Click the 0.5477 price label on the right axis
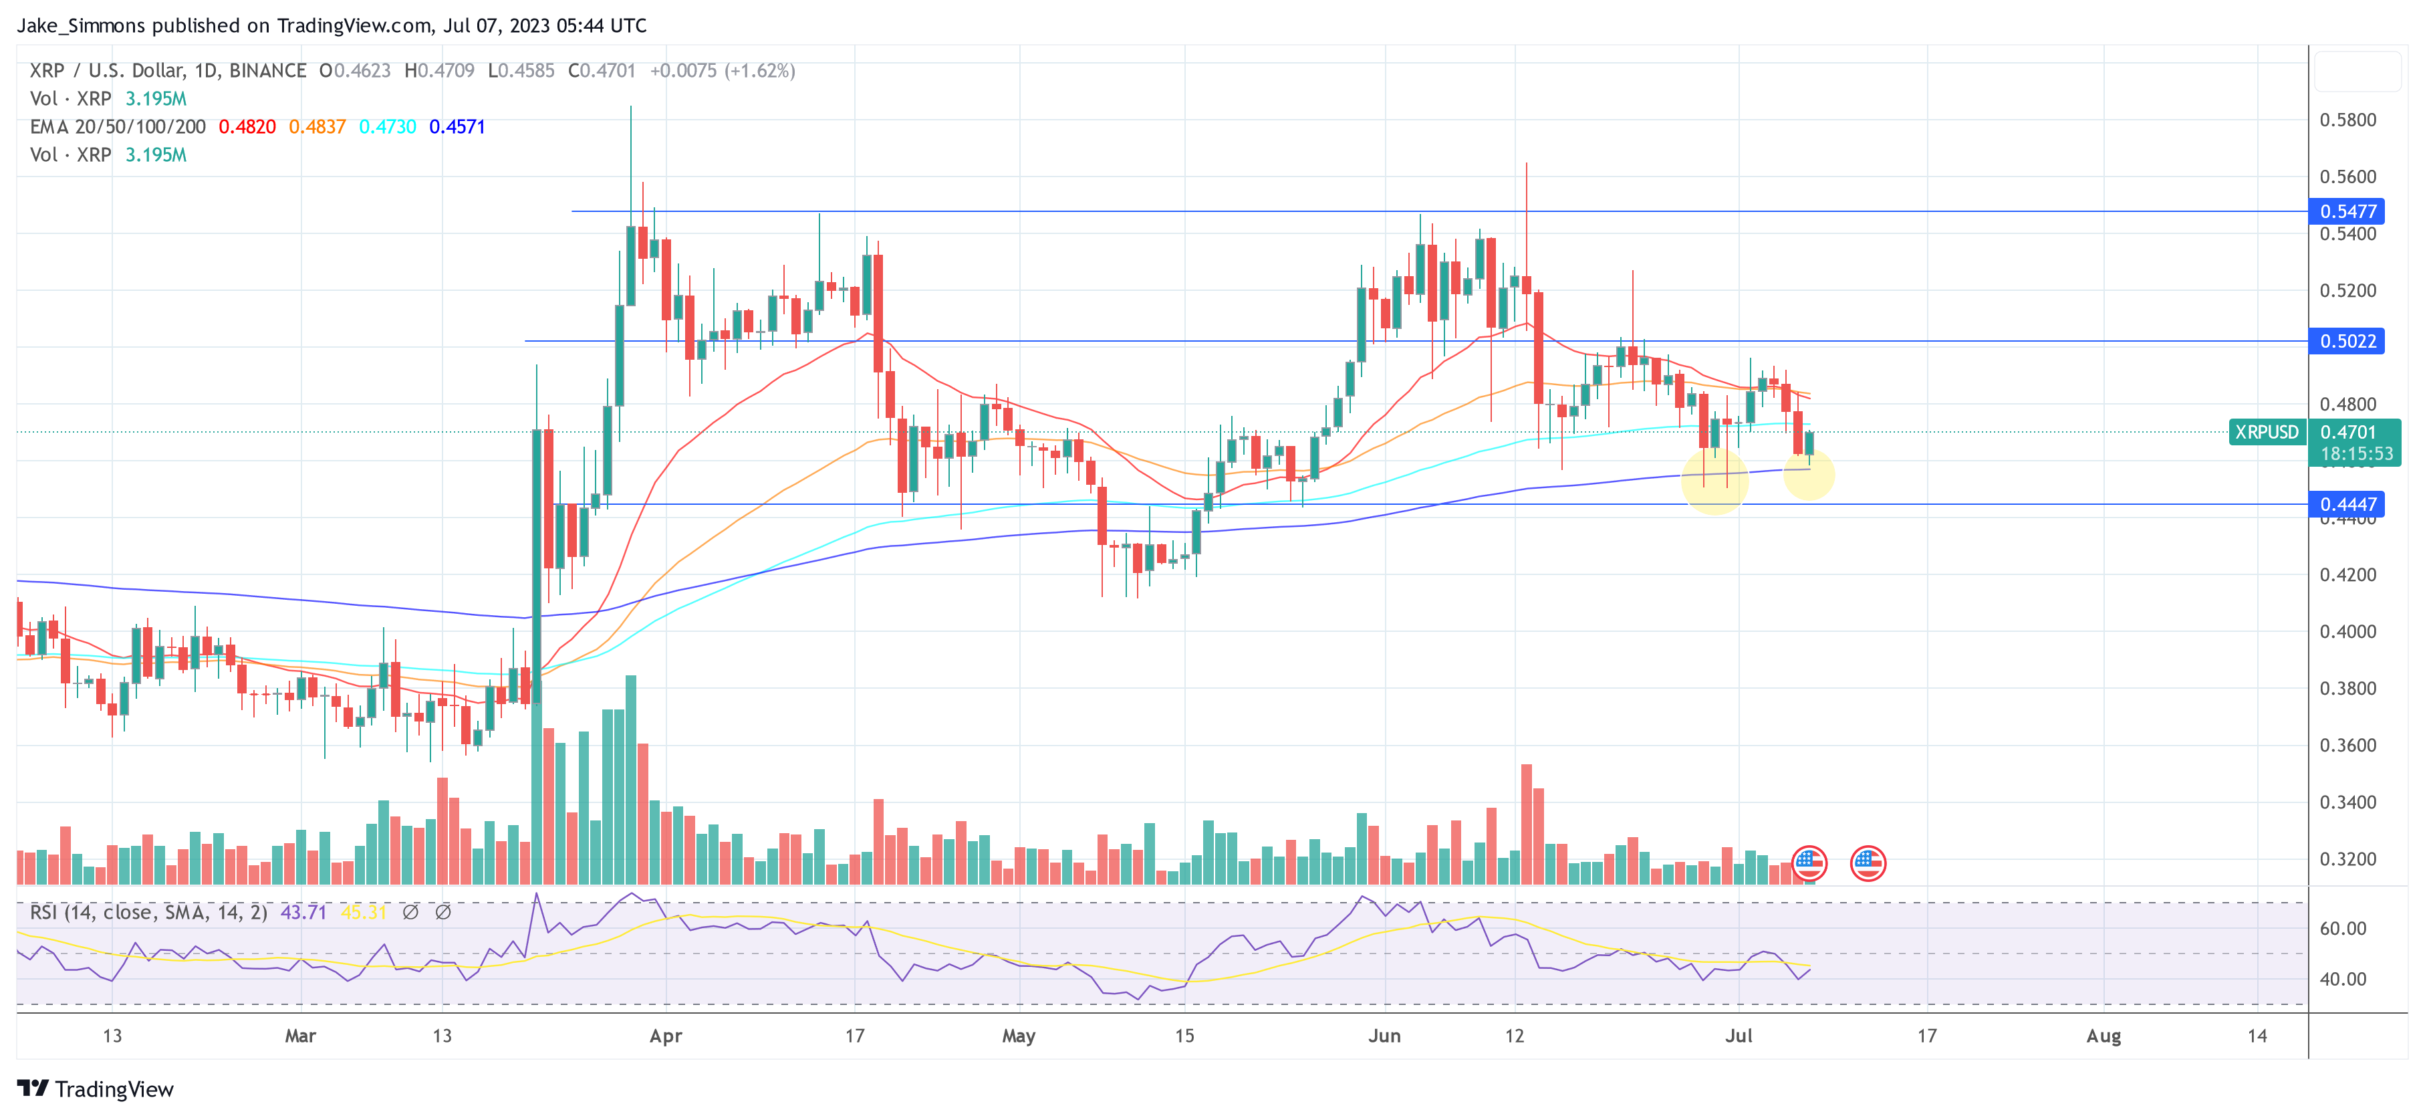[x=2348, y=211]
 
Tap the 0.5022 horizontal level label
[x=2348, y=341]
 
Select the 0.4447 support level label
[x=2348, y=504]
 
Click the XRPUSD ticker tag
[x=2266, y=433]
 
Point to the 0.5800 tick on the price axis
[x=2348, y=120]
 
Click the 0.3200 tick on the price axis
[x=2348, y=859]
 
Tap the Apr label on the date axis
[x=666, y=1036]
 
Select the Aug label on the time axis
[x=2103, y=1036]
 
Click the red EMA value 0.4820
[x=247, y=127]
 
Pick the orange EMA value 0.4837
[x=317, y=127]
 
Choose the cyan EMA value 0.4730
[x=387, y=127]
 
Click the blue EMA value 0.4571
[x=457, y=127]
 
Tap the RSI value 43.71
[x=303, y=913]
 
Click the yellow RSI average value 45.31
[x=364, y=913]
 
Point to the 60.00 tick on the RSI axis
[x=2342, y=929]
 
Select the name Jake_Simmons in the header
[x=81, y=25]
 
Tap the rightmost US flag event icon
[x=1868, y=863]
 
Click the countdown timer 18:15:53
[x=2356, y=454]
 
